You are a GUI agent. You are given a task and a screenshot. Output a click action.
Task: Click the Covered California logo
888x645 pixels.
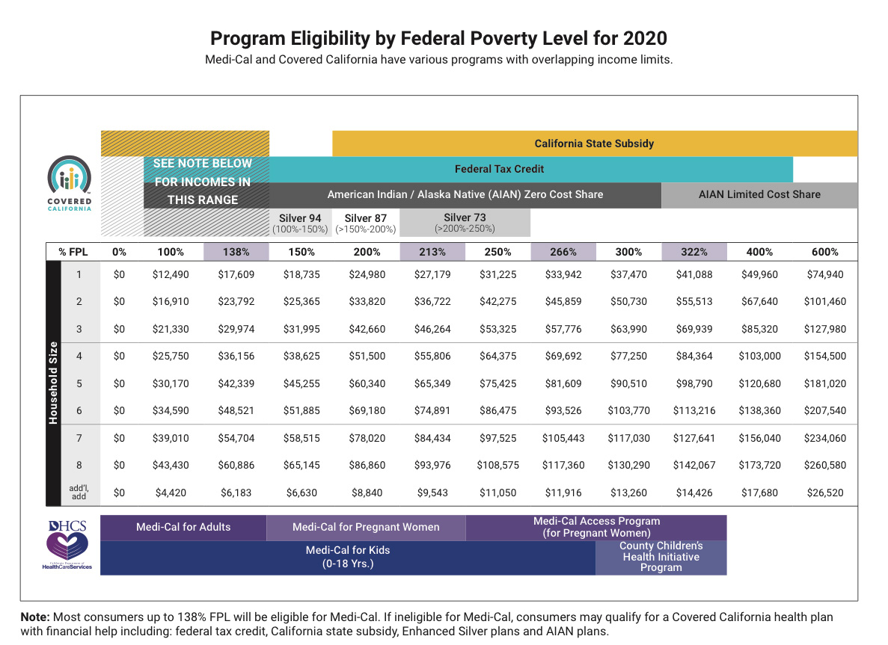pos(69,183)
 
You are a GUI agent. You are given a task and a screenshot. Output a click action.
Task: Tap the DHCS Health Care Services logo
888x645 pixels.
pos(67,545)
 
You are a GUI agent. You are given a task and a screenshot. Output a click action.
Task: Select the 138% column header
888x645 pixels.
pos(236,252)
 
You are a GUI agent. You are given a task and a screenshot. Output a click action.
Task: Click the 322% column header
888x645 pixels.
pos(693,252)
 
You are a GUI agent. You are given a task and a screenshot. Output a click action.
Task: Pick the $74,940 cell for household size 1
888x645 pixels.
pos(824,274)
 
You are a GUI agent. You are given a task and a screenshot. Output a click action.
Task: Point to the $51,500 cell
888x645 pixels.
pos(367,356)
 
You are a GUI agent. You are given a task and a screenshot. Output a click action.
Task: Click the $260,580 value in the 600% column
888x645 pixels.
pos(824,465)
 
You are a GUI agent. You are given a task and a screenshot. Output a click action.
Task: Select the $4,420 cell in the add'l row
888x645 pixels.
pos(171,493)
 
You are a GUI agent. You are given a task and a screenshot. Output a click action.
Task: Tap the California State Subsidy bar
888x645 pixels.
pos(595,143)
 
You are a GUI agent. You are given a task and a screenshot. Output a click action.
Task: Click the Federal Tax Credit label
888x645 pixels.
pos(499,169)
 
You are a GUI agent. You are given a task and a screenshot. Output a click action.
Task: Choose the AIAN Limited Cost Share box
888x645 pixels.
pos(759,194)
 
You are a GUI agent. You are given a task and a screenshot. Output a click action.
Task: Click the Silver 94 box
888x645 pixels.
pos(300,223)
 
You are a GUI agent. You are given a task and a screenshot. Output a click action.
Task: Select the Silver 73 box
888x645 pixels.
pos(465,223)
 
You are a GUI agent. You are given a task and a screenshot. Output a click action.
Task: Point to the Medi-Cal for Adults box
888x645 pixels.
pos(183,528)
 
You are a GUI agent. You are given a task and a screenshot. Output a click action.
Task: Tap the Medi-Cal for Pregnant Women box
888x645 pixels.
pos(366,528)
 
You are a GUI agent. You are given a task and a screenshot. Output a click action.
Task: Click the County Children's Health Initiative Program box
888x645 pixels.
pos(661,558)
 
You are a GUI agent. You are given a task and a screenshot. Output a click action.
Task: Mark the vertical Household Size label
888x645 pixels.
pos(53,383)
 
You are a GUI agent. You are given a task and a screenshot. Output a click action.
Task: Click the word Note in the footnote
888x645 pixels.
pos(34,617)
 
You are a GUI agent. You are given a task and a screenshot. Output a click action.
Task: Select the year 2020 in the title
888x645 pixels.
pos(645,38)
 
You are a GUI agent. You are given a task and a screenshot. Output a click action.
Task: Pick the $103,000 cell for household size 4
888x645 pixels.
pos(759,356)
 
